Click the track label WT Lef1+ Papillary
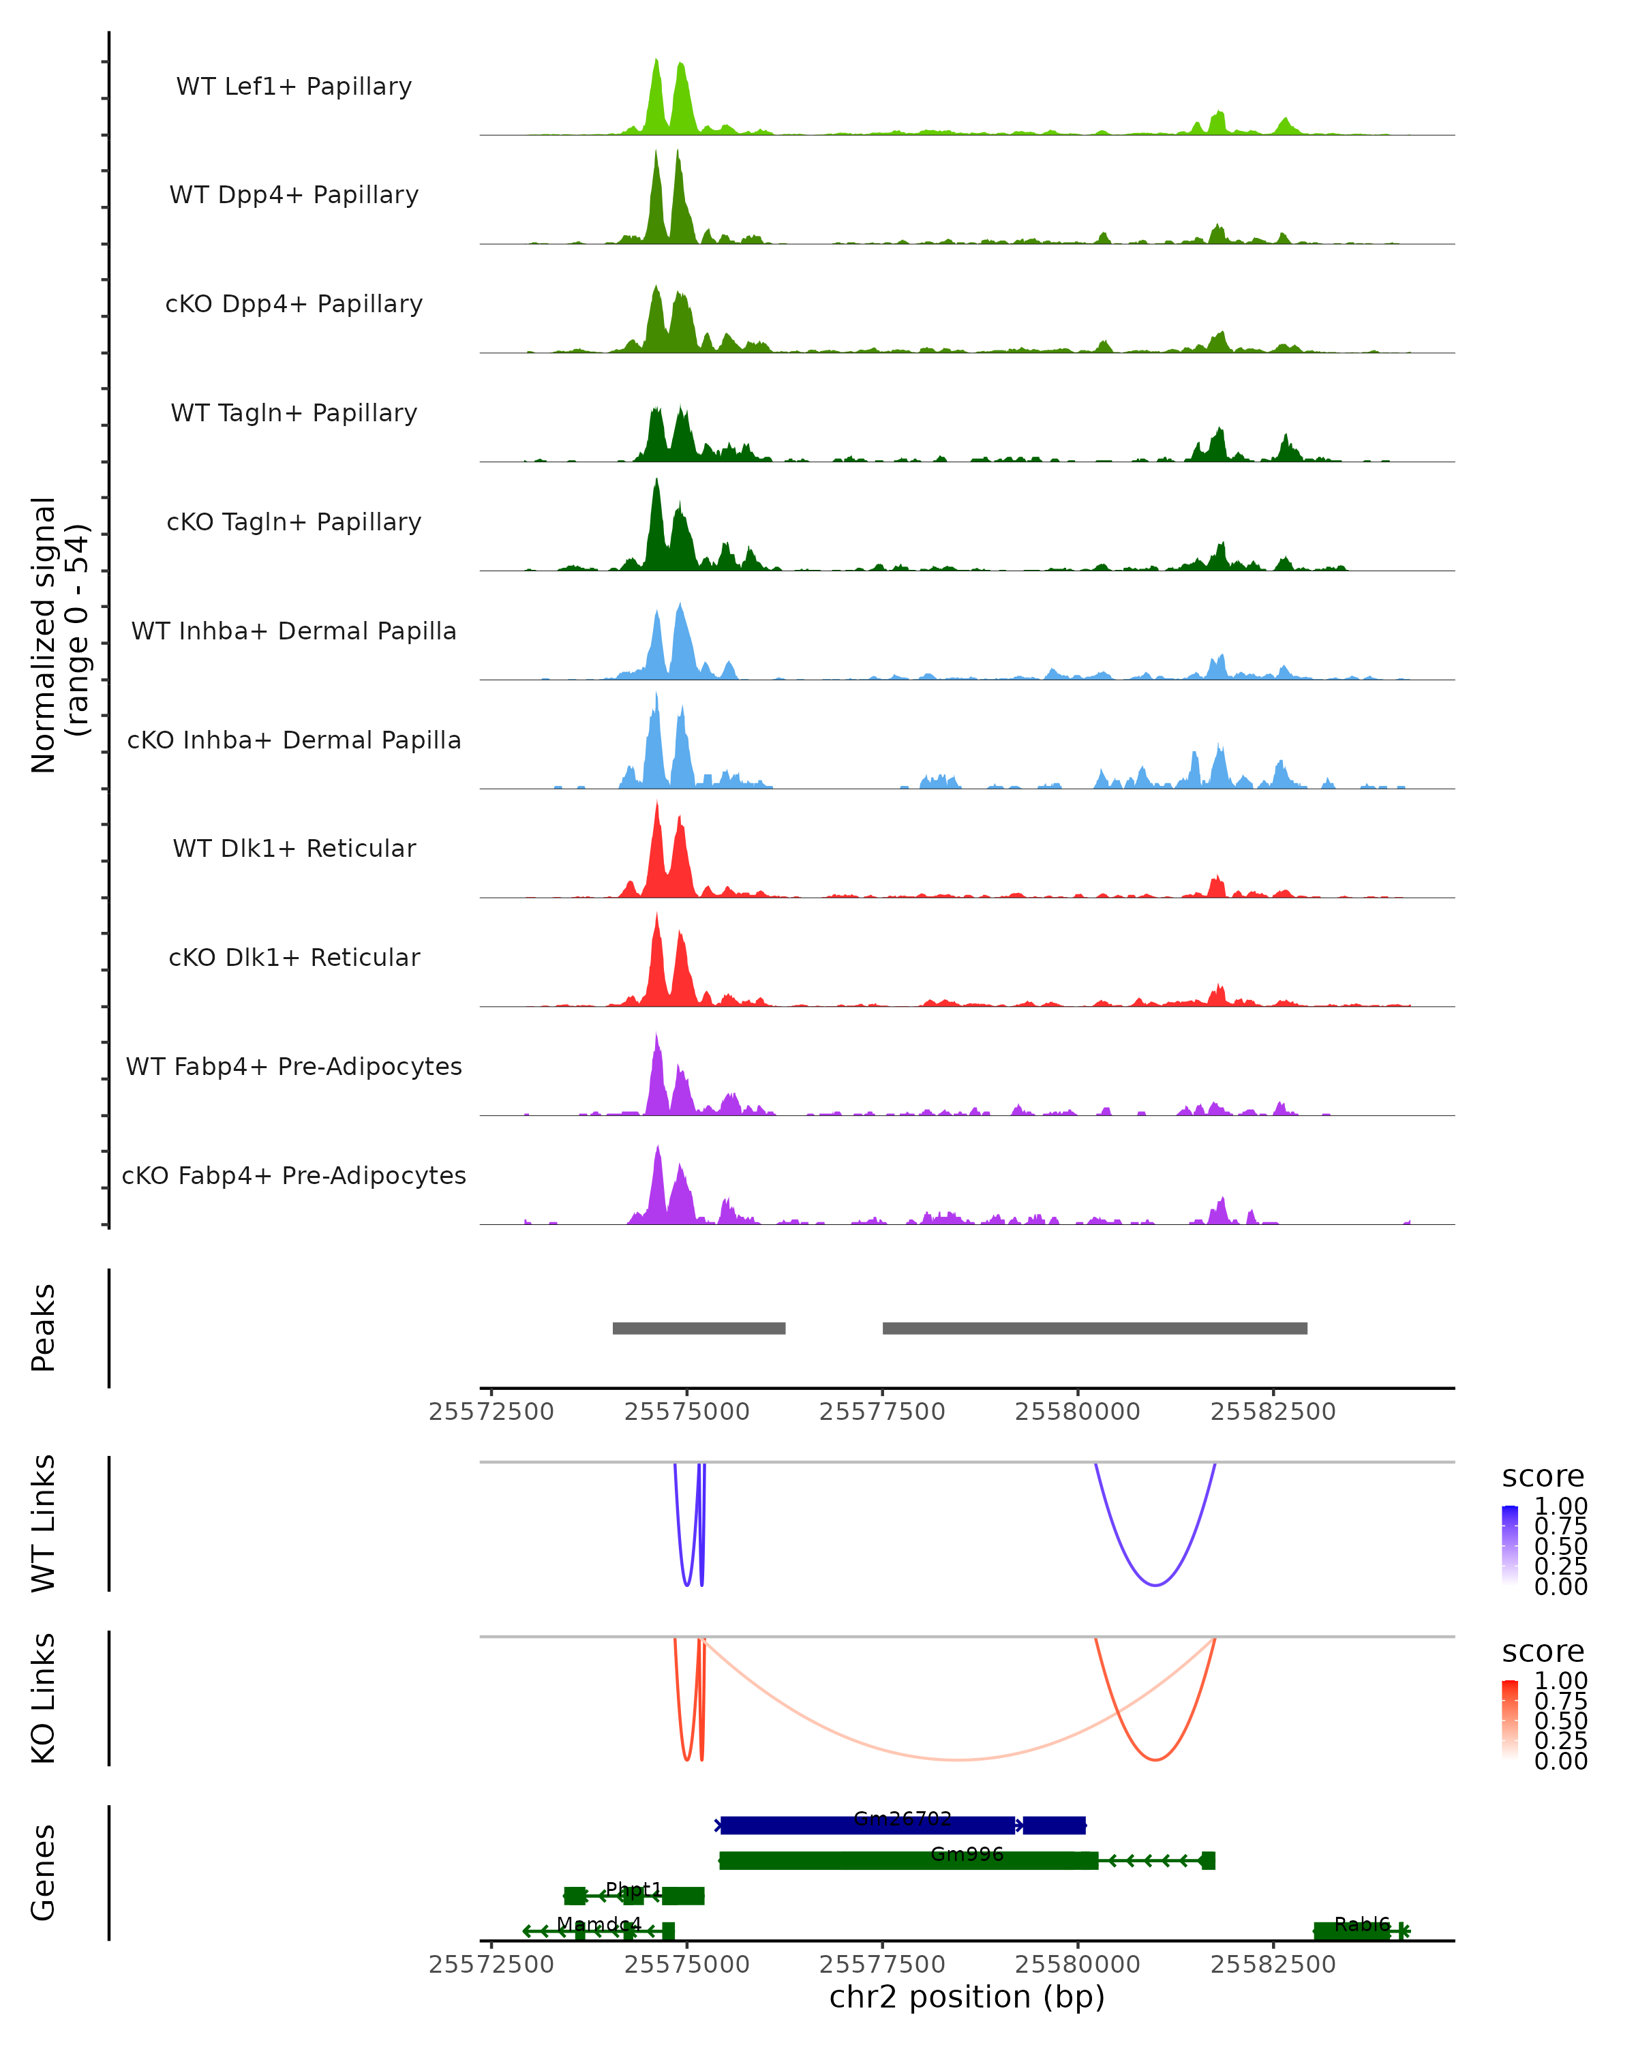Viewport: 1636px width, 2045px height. click(x=294, y=87)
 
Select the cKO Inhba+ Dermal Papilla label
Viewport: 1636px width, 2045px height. click(x=294, y=740)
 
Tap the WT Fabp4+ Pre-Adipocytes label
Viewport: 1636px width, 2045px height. click(x=294, y=1066)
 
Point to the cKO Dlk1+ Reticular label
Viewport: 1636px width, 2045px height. click(x=294, y=957)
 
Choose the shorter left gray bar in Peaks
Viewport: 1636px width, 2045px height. click(x=699, y=1328)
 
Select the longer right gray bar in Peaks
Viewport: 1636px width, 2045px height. click(x=1095, y=1328)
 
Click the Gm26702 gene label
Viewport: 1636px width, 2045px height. click(x=902, y=1818)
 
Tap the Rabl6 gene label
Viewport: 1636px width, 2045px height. click(x=1362, y=1924)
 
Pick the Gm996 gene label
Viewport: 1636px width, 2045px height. click(x=967, y=1854)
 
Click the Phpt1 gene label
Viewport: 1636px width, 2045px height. click(x=633, y=1890)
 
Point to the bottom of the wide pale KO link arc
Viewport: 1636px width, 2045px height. click(x=958, y=1759)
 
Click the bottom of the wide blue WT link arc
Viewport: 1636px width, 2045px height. click(x=1154, y=1585)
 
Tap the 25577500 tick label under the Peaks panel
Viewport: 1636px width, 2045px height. click(x=882, y=1412)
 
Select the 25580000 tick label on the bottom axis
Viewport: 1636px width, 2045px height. click(x=1078, y=1965)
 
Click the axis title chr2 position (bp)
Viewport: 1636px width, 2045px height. click(x=967, y=1997)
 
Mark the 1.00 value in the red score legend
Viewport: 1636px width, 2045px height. click(x=1560, y=1681)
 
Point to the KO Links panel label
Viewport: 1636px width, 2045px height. click(x=44, y=1698)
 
